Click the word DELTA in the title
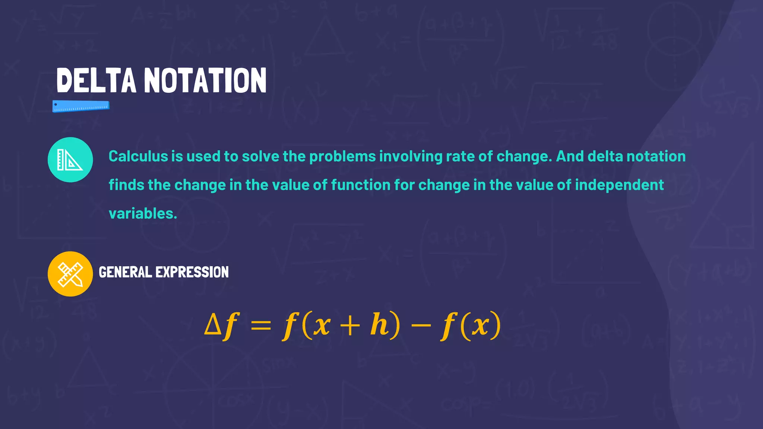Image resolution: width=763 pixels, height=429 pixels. coord(96,80)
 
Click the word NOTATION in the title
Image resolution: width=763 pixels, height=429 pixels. coord(205,80)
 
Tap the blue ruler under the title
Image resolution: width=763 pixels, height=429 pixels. coord(81,106)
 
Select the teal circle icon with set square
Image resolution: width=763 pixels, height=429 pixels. coord(70,160)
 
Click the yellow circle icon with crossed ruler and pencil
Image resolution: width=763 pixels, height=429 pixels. coord(70,274)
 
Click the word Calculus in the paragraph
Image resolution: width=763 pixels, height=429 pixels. coord(138,156)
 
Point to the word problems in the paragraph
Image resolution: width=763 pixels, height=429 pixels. coord(342,156)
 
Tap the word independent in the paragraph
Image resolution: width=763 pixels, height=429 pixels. coord(619,185)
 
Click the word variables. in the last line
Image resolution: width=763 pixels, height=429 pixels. coord(143,214)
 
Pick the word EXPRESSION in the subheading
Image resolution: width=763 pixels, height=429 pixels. coord(192,272)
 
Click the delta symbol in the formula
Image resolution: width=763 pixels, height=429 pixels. coord(213,324)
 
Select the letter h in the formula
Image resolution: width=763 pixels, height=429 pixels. coord(379,324)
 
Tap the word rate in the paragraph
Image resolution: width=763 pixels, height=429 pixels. coord(460,156)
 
